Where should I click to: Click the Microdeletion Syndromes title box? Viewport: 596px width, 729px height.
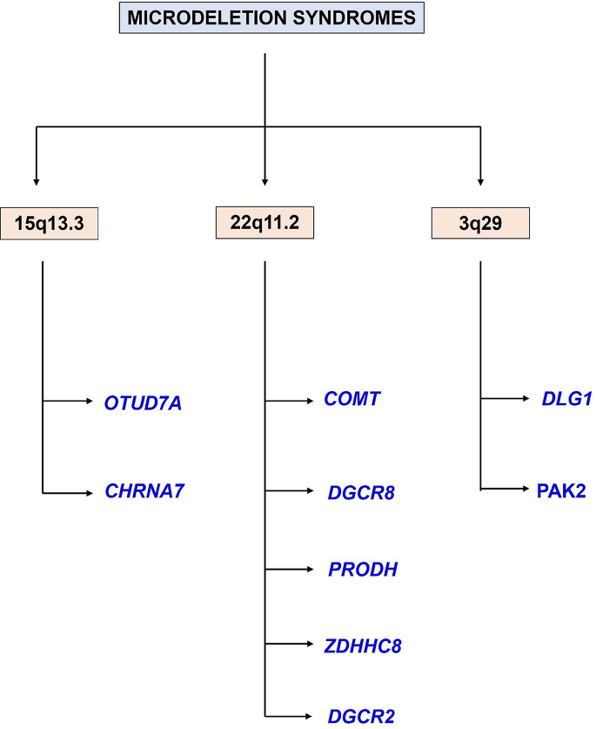(271, 17)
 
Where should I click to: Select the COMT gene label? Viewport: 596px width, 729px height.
(352, 400)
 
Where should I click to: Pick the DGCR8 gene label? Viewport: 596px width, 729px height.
(361, 492)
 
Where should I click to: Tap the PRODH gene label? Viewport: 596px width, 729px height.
(363, 570)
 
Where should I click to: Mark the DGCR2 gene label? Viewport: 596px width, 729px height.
(361, 717)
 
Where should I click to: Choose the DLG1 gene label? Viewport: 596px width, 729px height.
(566, 401)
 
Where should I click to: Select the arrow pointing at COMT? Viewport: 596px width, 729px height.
(288, 402)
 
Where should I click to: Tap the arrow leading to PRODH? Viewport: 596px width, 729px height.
(288, 570)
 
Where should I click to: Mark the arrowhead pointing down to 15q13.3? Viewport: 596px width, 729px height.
(37, 180)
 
